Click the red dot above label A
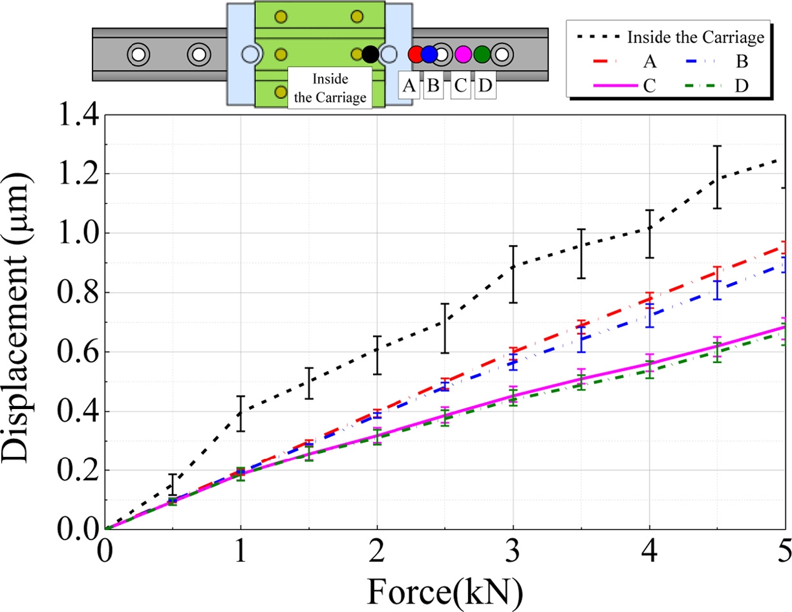pyautogui.click(x=416, y=54)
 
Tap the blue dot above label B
pyautogui.click(x=429, y=54)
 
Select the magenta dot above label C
pyautogui.click(x=463, y=54)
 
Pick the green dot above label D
pyautogui.click(x=482, y=54)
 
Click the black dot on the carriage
pyautogui.click(x=370, y=54)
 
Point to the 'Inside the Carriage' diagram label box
pyautogui.click(x=330, y=88)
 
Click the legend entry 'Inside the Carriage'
pyautogui.click(x=666, y=37)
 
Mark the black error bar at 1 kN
pyautogui.click(x=241, y=413)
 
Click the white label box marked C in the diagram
pyautogui.click(x=460, y=86)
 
